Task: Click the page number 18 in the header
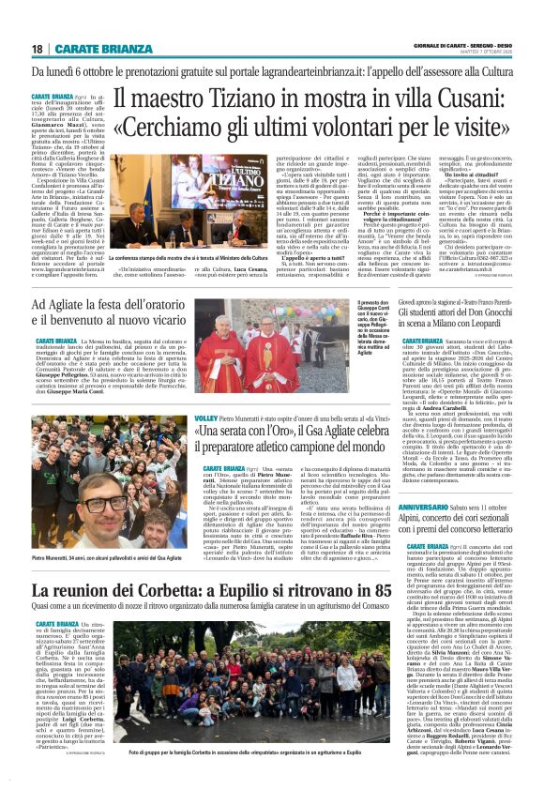[x=38, y=48]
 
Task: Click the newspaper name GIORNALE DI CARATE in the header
[x=441, y=44]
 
